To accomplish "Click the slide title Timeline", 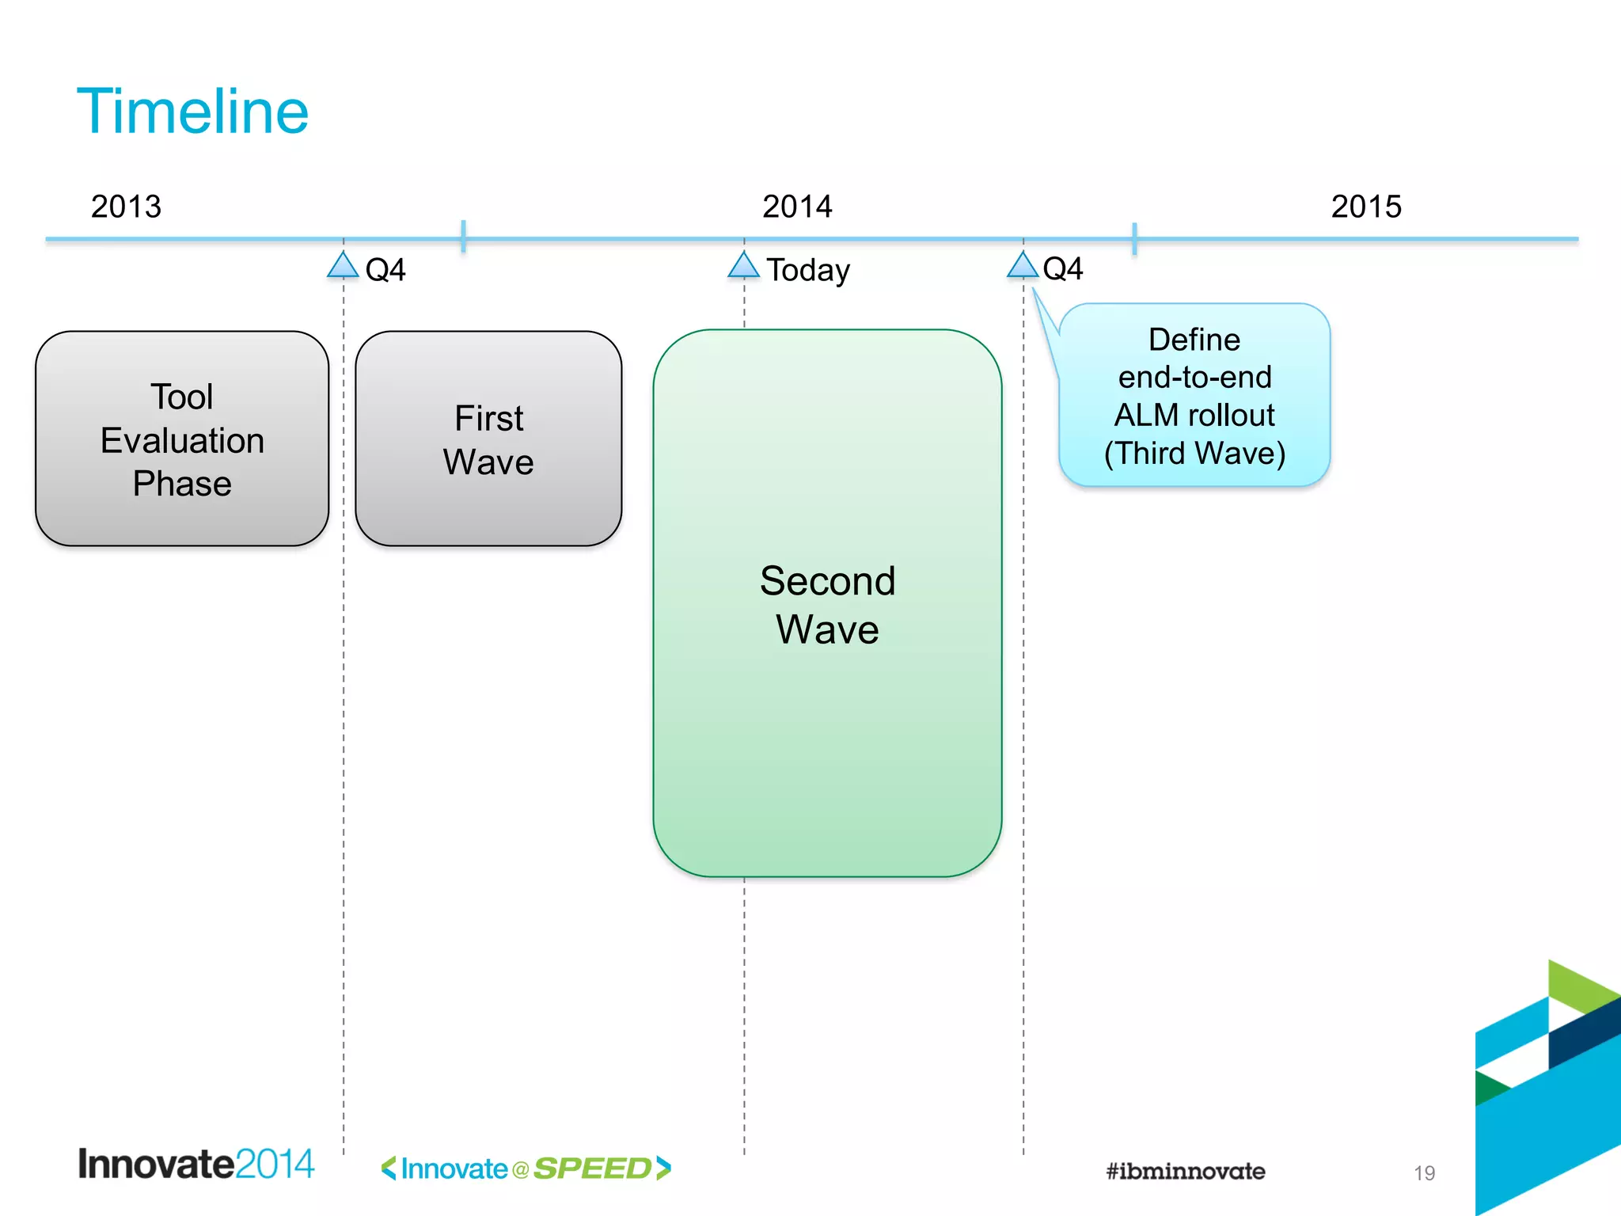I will pos(192,112).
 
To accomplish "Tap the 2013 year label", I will pos(126,207).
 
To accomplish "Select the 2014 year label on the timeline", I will pos(797,207).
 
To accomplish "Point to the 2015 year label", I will pos(1366,207).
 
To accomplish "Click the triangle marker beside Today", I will pos(743,266).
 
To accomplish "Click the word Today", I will pos(808,270).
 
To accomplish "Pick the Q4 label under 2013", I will pos(385,270).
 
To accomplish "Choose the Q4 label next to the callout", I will pos(1062,269).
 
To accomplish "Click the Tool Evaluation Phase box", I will pos(182,439).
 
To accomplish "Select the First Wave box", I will pos(488,439).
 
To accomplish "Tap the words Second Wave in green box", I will pos(827,605).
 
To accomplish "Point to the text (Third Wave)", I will pos(1194,454).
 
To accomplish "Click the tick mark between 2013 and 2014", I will pos(463,237).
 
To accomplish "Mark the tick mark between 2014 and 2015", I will pos(1134,238).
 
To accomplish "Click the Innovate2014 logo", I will pos(196,1165).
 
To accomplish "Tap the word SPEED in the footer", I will pos(592,1168).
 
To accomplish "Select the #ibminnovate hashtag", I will pos(1185,1171).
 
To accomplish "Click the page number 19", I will pos(1424,1173).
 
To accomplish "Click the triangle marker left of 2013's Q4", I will pos(343,266).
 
